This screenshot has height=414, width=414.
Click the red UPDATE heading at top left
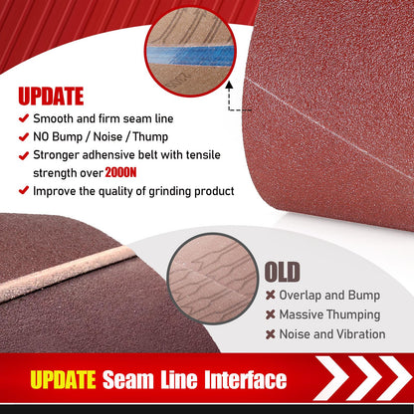point(51,97)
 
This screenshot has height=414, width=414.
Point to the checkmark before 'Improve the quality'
point(24,190)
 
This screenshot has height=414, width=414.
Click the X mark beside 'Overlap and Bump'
point(270,296)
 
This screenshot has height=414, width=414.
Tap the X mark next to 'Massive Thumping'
point(270,314)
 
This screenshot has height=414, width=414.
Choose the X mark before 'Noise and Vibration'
point(270,333)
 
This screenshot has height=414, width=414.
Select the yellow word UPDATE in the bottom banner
point(63,380)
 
